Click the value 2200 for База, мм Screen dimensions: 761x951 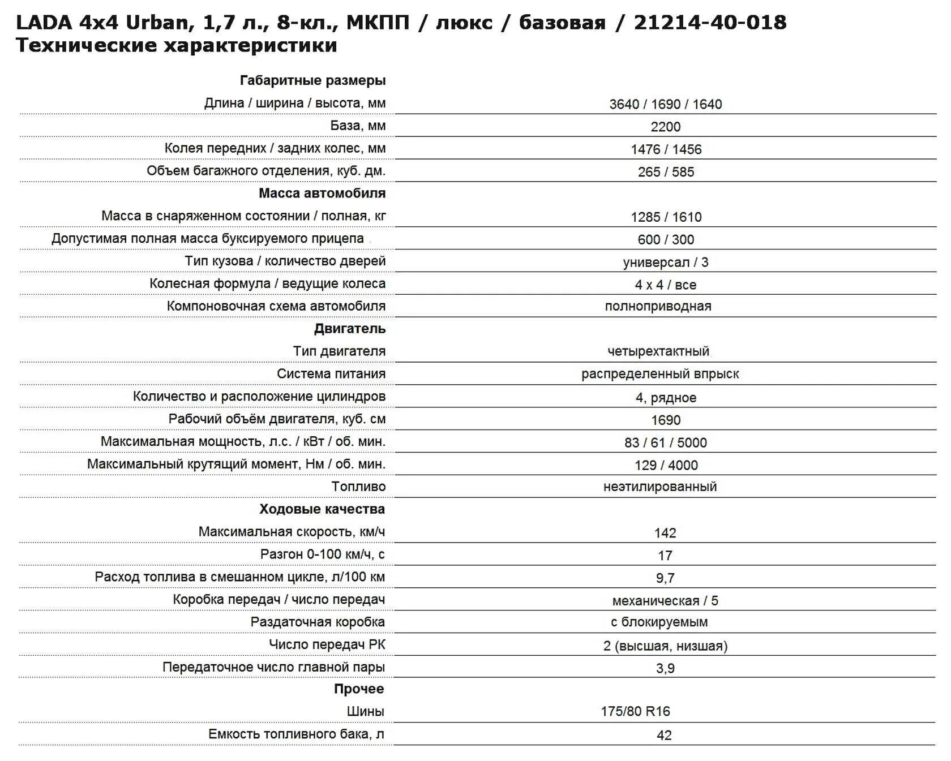pyautogui.click(x=665, y=127)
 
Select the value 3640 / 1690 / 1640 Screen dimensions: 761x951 pyautogui.click(x=665, y=104)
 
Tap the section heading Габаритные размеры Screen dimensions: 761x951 pyautogui.click(x=312, y=80)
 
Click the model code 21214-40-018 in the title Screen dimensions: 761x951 pyautogui.click(x=710, y=23)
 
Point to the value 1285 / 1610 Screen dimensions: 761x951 pyautogui.click(x=666, y=217)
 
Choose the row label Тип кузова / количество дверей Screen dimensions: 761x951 pyautogui.click(x=285, y=261)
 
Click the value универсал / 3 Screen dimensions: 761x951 pyautogui.click(x=665, y=263)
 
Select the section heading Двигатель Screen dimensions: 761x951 pyautogui.click(x=349, y=329)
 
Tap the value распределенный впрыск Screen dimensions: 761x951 pyautogui.click(x=660, y=374)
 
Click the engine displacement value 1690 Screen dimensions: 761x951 pyautogui.click(x=665, y=420)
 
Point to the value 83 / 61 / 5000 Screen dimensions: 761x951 pyautogui.click(x=665, y=443)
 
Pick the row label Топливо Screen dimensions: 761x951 pyautogui.click(x=358, y=487)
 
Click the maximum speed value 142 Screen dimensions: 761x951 pyautogui.click(x=665, y=533)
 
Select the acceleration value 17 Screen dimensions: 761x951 pyautogui.click(x=665, y=556)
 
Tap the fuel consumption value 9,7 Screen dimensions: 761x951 pyautogui.click(x=665, y=578)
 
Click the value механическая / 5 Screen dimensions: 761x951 pyautogui.click(x=665, y=601)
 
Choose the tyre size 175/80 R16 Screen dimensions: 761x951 pyautogui.click(x=635, y=712)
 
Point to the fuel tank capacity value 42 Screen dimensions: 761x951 pyautogui.click(x=664, y=736)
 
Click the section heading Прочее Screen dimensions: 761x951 pyautogui.click(x=358, y=689)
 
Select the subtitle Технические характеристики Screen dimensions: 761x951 pyautogui.click(x=176, y=45)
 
